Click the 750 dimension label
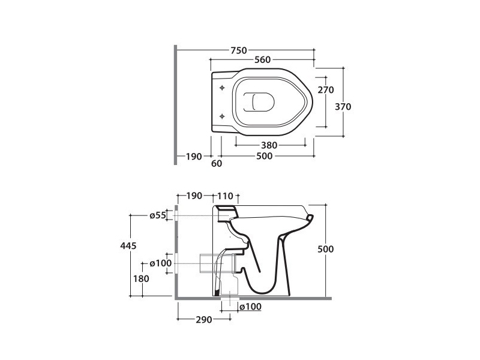(x=239, y=50)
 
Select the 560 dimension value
(x=262, y=59)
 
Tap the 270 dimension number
(x=325, y=89)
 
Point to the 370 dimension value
(x=343, y=106)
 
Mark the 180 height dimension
(x=141, y=278)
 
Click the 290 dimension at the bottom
(x=203, y=320)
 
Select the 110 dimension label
(x=224, y=196)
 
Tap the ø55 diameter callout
(x=157, y=215)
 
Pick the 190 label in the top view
(x=193, y=156)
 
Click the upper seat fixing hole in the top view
(x=223, y=88)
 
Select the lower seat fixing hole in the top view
(x=223, y=115)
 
